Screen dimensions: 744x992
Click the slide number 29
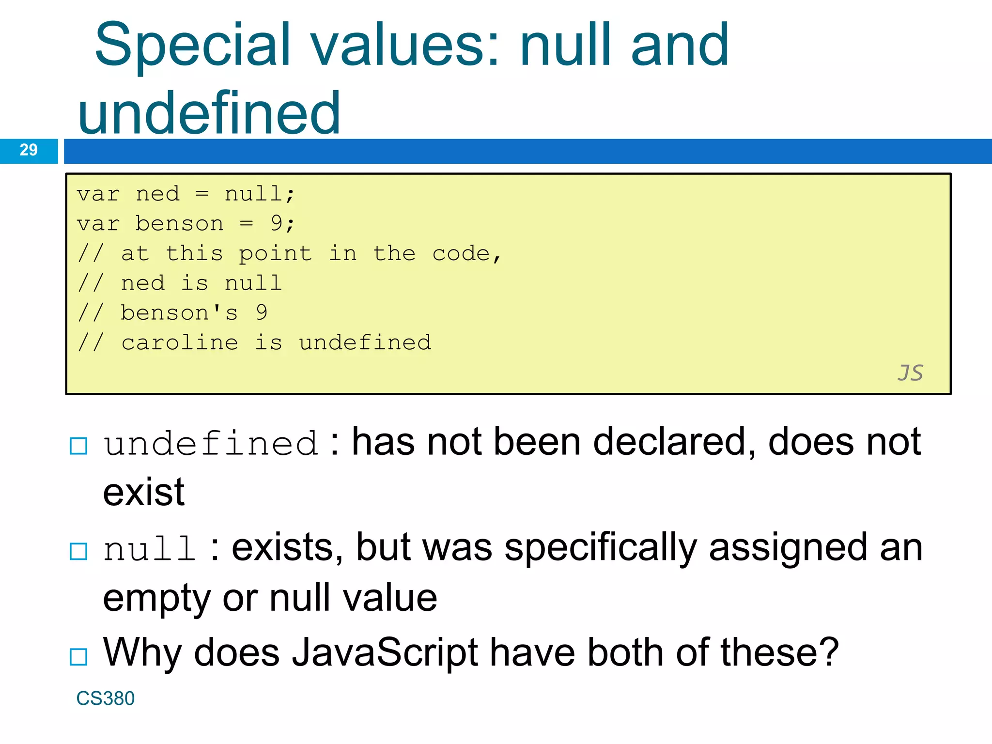click(x=29, y=150)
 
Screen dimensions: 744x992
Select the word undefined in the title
click(x=209, y=113)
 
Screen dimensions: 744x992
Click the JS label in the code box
click(x=910, y=373)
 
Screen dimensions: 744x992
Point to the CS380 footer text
click(x=105, y=698)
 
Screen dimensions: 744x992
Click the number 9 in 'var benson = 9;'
click(x=277, y=223)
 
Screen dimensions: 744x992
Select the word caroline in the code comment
click(x=180, y=342)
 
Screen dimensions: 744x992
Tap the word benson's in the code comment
click(x=179, y=313)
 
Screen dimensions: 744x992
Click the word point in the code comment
click(x=275, y=253)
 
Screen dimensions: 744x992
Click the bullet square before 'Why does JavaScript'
click(x=78, y=657)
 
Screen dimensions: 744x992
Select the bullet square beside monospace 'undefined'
click(x=78, y=446)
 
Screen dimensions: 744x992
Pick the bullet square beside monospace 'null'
click(x=78, y=551)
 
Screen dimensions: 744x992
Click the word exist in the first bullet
click(x=144, y=493)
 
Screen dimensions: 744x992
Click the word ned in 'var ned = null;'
click(x=157, y=194)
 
